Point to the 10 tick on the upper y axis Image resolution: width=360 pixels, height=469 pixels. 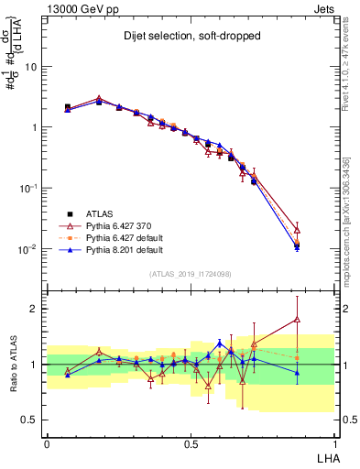tap(31, 67)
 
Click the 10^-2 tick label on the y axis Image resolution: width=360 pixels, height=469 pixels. tap(27, 249)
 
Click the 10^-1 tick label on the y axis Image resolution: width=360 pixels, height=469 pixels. tap(27, 188)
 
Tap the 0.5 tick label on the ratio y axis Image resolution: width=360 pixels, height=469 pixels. tap(30, 420)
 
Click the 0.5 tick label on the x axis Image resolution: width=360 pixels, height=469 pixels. tap(191, 444)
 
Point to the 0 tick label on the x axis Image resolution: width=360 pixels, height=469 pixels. tap(47, 444)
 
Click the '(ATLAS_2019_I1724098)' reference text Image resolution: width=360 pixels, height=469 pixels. tap(191, 274)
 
